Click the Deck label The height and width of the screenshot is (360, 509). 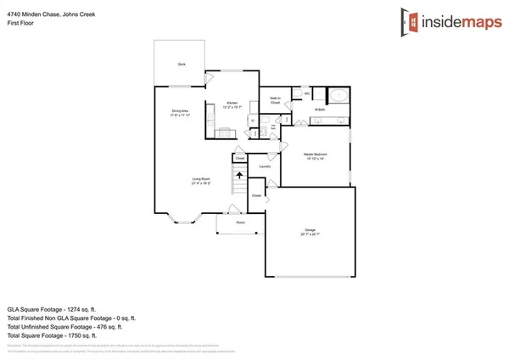pyautogui.click(x=182, y=65)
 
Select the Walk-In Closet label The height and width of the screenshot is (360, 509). pyautogui.click(x=276, y=99)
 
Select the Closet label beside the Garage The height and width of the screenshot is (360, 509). pyautogui.click(x=256, y=195)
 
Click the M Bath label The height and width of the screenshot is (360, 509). pyautogui.click(x=320, y=110)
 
